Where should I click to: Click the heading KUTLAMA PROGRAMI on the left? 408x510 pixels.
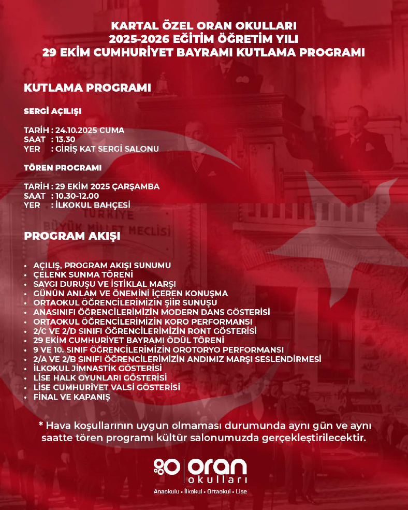88,88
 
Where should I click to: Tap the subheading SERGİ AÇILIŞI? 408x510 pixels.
53,111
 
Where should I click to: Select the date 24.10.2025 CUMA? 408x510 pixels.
90,130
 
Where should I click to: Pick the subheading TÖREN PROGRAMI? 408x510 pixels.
63,168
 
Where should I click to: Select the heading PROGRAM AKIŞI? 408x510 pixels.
72,236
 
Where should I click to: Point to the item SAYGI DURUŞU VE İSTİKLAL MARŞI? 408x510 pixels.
104,284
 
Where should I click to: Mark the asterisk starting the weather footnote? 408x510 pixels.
41,425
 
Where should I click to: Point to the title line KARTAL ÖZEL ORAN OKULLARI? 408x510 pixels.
204,25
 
